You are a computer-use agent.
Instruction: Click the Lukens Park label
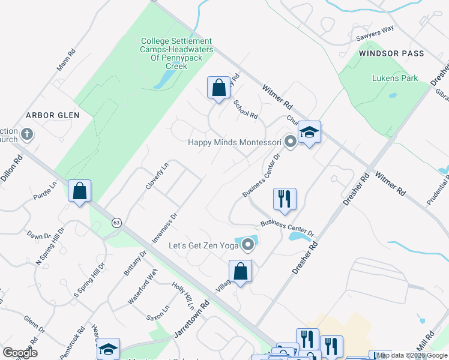(394, 78)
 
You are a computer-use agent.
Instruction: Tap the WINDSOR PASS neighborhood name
(391, 53)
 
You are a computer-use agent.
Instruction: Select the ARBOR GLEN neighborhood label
(49, 115)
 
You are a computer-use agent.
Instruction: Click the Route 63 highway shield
(116, 222)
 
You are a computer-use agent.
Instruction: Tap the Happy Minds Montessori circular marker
(291, 142)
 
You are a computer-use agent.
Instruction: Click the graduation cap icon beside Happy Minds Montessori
(309, 132)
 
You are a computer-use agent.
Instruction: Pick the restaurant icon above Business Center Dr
(285, 199)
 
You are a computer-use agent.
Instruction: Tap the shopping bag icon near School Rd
(218, 88)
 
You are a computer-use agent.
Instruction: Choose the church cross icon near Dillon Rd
(26, 133)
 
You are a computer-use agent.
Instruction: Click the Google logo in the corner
(20, 353)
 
